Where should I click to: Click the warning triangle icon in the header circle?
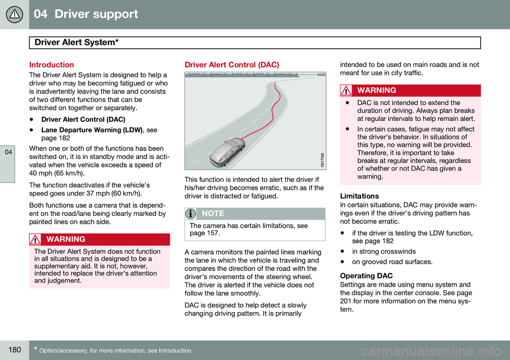tap(15, 14)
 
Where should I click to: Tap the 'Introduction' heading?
tap(51, 64)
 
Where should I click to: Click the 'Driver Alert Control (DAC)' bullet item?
tap(83, 120)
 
